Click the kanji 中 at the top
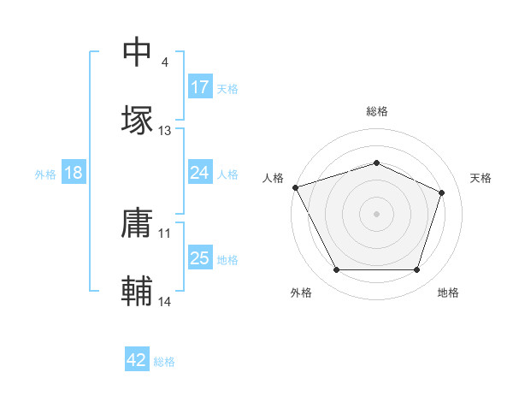click(137, 52)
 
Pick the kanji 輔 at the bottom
click(137, 291)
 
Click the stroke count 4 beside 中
click(164, 63)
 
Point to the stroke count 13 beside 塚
click(165, 131)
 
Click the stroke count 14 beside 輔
click(165, 302)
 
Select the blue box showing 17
click(199, 87)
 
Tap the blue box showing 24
click(199, 173)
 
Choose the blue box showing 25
click(199, 258)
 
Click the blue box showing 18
click(73, 173)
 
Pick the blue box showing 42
click(137, 360)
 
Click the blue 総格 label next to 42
click(164, 362)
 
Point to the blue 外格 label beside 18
click(45, 174)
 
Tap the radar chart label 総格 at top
click(377, 111)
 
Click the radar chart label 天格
click(481, 178)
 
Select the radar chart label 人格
click(273, 178)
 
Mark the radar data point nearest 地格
click(417, 270)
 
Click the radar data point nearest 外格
click(336, 270)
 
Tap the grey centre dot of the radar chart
click(376, 213)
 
